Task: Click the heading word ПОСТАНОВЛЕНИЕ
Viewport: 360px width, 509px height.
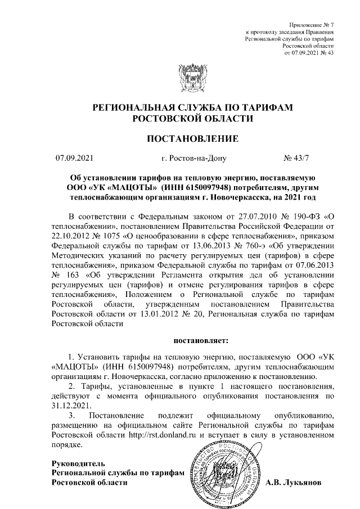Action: [x=192, y=138]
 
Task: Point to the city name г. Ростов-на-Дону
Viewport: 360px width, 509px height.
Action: [x=193, y=159]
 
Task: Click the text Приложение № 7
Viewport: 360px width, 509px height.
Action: [x=311, y=26]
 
